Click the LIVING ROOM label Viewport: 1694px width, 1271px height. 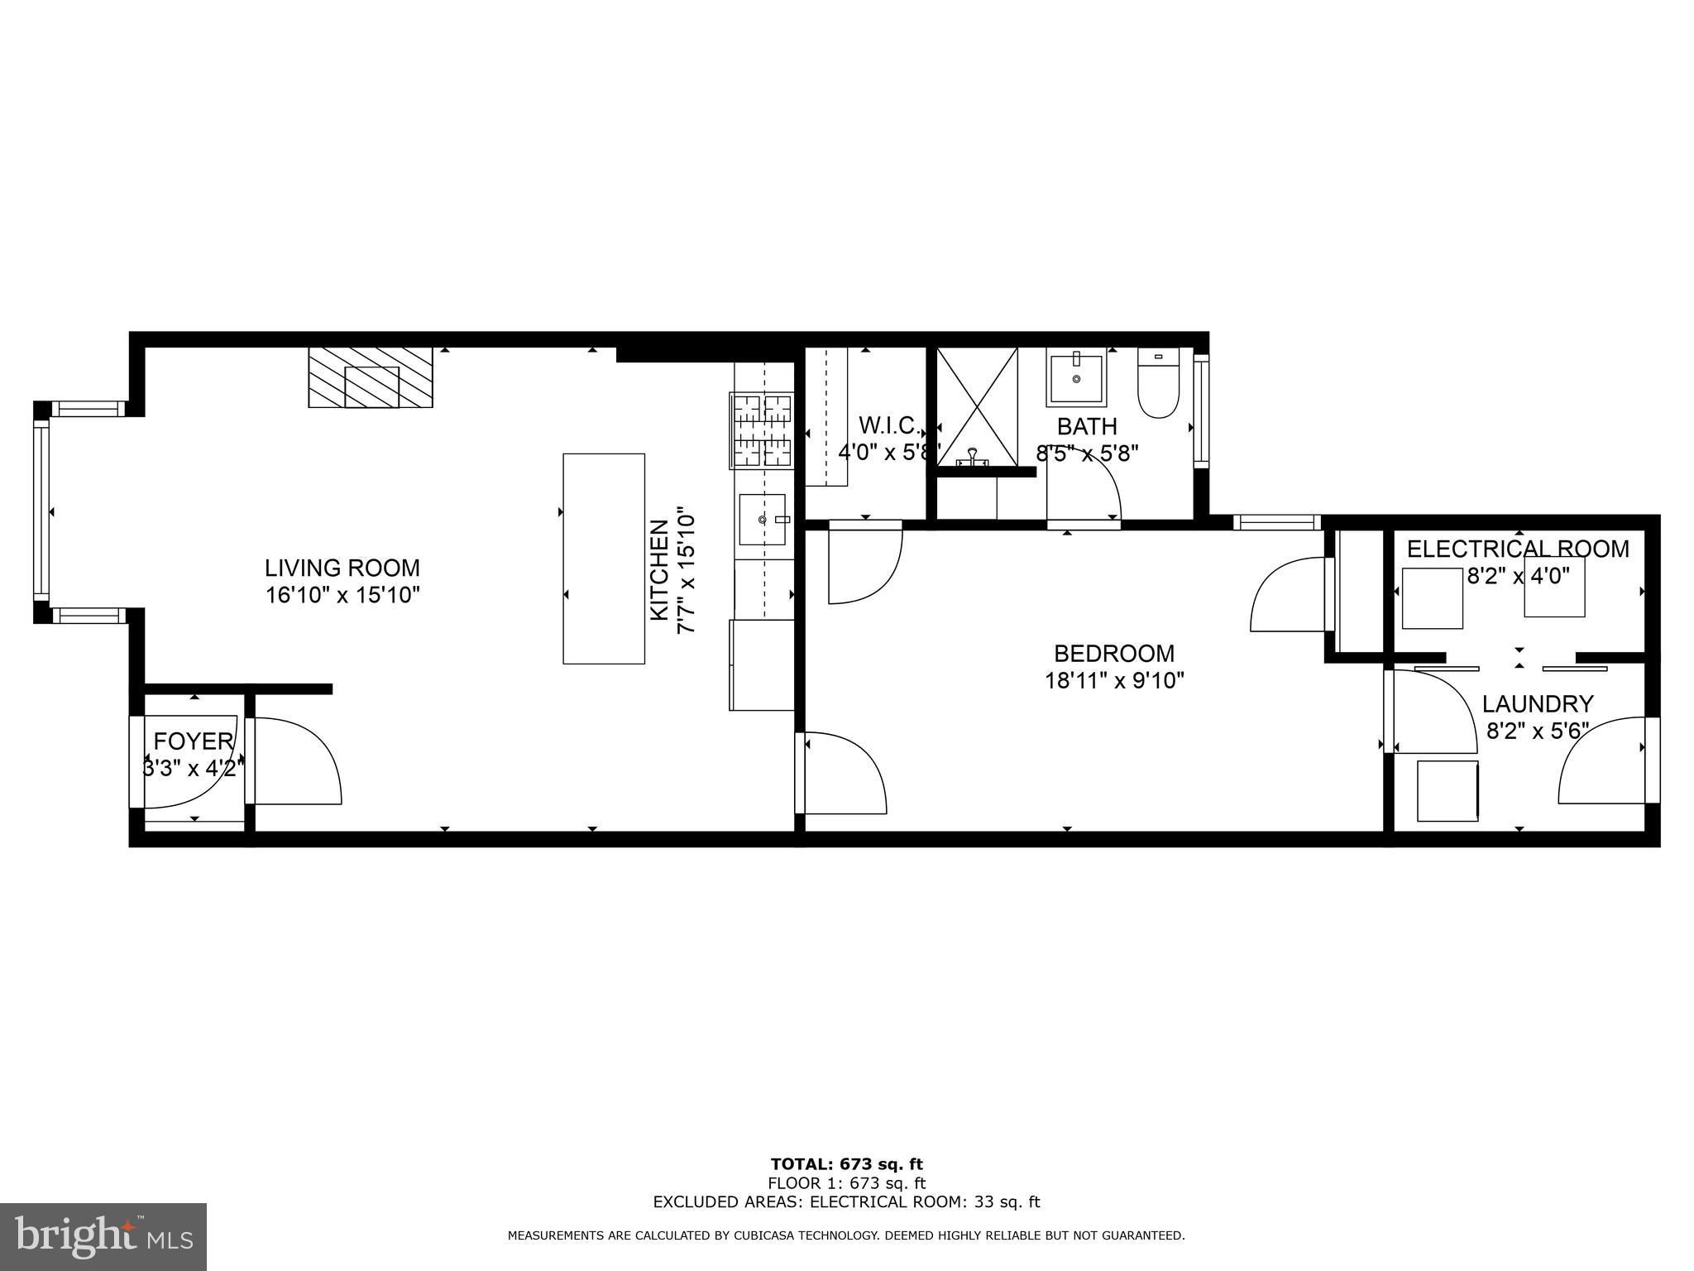click(342, 568)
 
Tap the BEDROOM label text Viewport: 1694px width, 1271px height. click(1113, 654)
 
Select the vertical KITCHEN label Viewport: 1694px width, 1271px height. click(659, 570)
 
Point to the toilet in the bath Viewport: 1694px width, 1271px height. click(1158, 384)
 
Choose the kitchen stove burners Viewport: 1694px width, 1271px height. click(760, 430)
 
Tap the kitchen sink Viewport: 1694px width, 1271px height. click(763, 520)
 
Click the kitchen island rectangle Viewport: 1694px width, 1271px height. click(604, 559)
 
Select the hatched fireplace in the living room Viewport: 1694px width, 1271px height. click(371, 377)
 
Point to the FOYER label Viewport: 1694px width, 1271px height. click(194, 741)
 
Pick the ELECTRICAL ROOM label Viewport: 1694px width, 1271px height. click(1518, 549)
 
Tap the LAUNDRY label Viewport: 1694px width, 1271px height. click(1537, 704)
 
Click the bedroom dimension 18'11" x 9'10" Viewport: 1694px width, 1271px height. click(1114, 681)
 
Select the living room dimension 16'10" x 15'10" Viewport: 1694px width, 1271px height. click(343, 595)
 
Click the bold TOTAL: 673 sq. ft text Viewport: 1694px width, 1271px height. click(846, 1165)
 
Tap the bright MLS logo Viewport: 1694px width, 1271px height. click(103, 1236)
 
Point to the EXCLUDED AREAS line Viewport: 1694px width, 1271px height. click(846, 1202)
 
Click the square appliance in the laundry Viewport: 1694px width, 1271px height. click(1448, 791)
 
